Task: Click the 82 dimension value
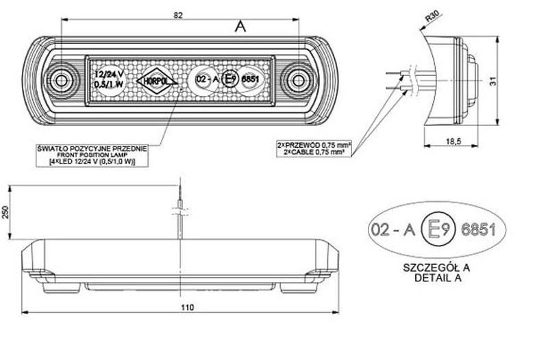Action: (178, 15)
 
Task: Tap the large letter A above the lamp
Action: (240, 27)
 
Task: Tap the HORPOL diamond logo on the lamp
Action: (157, 81)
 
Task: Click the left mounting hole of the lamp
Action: (64, 81)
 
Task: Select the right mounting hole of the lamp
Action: (299, 81)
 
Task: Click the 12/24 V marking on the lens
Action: (110, 73)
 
